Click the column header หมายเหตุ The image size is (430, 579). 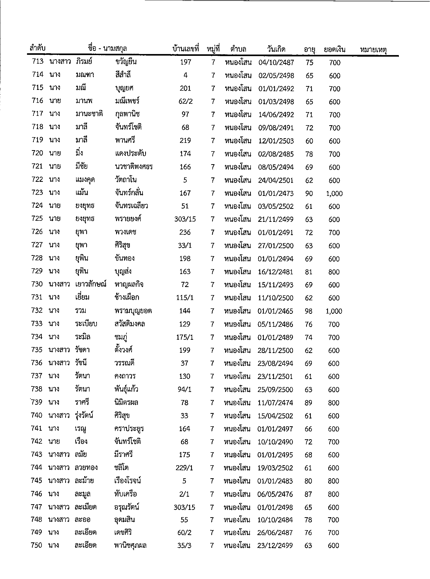(373, 49)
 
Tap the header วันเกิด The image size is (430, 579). (276, 49)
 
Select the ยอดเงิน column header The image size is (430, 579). (334, 49)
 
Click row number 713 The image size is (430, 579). (37, 62)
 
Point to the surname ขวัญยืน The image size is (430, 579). (126, 62)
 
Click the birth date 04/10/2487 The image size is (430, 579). (276, 63)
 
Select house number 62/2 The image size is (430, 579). (185, 101)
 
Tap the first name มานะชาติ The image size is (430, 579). (89, 114)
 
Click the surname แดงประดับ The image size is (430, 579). (130, 154)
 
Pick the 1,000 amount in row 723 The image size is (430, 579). (334, 194)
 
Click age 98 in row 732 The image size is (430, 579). (308, 311)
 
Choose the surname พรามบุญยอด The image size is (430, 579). (133, 311)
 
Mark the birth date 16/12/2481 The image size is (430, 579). (276, 272)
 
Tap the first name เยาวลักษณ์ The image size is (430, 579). (91, 284)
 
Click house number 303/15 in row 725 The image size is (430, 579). (185, 219)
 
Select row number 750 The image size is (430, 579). (36, 545)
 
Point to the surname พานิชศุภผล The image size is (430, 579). (130, 545)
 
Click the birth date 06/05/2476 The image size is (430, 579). (275, 494)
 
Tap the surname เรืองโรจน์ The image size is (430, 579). (127, 481)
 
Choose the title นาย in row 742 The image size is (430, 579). (54, 442)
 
